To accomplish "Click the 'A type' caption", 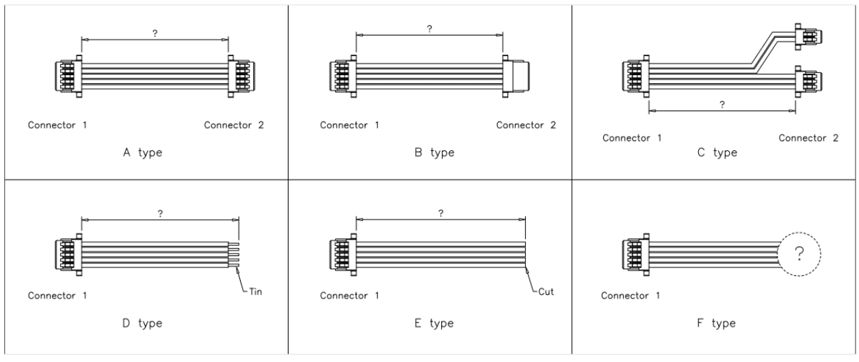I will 142,152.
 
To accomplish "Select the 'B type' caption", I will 434,152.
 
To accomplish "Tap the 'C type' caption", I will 717,152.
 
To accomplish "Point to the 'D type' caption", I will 142,322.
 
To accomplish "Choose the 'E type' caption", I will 434,322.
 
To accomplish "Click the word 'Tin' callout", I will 255,292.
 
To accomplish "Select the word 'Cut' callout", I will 545,292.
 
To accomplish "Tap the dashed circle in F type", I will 799,254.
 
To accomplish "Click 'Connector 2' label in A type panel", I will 234,125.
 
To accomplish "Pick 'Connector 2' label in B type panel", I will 526,125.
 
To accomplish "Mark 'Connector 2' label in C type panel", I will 808,138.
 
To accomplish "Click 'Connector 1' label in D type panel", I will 57,296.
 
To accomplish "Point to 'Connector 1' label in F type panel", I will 631,296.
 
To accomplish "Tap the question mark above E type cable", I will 441,213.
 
